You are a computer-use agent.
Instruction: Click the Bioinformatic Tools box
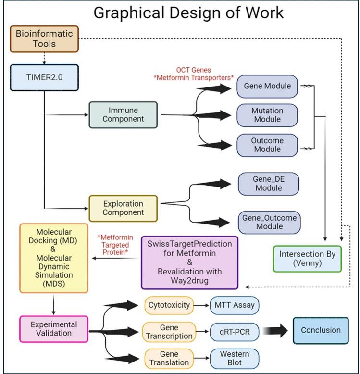pyautogui.click(x=44, y=39)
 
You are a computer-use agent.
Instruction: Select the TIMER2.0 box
pyautogui.click(x=44, y=77)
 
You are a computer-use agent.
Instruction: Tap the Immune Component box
pyautogui.click(x=124, y=114)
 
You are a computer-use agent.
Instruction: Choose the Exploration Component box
pyautogui.click(x=124, y=208)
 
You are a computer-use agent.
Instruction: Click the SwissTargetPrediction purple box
pyautogui.click(x=189, y=262)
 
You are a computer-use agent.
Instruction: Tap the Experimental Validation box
pyautogui.click(x=54, y=329)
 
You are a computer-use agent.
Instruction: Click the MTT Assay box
pyautogui.click(x=234, y=305)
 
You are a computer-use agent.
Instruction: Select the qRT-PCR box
pyautogui.click(x=234, y=331)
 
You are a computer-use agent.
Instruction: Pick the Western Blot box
pyautogui.click(x=234, y=358)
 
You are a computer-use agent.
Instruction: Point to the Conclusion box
pyautogui.click(x=321, y=330)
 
